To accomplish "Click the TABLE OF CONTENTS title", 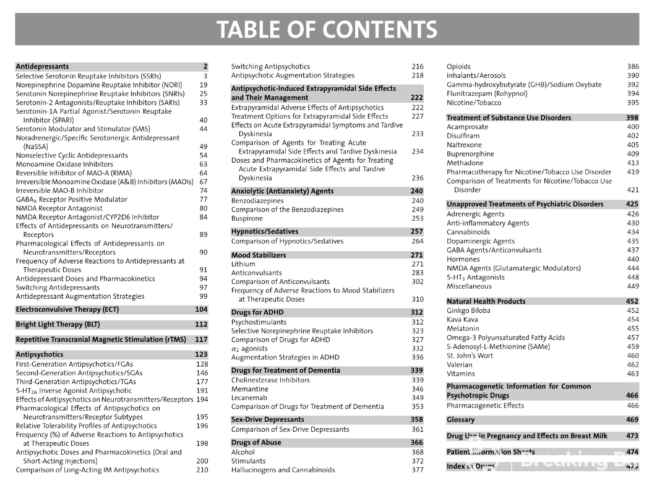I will click(327, 30).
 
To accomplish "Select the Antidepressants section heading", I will click(42, 66).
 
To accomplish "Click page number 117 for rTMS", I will click(201, 340).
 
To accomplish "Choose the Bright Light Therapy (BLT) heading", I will click(58, 324).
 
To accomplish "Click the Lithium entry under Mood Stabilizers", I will click(243, 264).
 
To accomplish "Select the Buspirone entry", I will click(247, 218).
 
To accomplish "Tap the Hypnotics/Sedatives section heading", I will click(264, 232).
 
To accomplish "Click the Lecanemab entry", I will click(249, 398).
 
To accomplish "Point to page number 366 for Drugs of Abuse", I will click(417, 443).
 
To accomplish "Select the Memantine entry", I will click(249, 389).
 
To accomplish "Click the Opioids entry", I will click(458, 66).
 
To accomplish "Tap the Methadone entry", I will click(465, 163).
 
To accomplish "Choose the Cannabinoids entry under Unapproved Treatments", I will click(468, 232).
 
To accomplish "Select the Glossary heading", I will click(461, 420).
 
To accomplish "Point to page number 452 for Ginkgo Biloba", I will click(633, 310).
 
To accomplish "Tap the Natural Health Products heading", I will click(486, 301).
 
